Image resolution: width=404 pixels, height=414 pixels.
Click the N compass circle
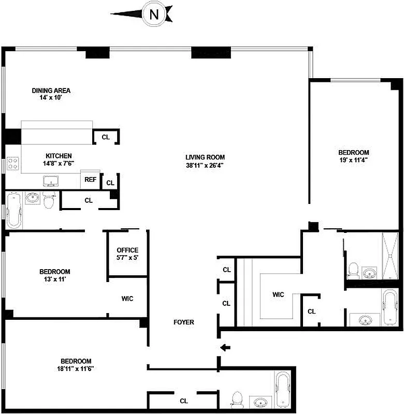pyautogui.click(x=154, y=14)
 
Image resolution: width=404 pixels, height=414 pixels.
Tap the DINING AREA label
pyautogui.click(x=51, y=91)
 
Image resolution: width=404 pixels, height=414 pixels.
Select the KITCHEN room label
pyautogui.click(x=59, y=156)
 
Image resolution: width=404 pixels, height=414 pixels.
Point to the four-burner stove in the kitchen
pyautogui.click(x=12, y=164)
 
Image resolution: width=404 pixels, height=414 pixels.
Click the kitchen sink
pyautogui.click(x=51, y=181)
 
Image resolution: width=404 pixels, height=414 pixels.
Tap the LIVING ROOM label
pyautogui.click(x=205, y=157)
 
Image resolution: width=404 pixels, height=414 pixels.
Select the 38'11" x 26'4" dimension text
pyautogui.click(x=205, y=166)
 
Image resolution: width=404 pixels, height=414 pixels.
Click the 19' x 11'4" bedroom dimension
pyautogui.click(x=353, y=160)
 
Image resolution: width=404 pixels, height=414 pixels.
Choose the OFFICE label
pyautogui.click(x=127, y=250)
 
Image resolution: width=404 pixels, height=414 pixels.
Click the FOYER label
pyautogui.click(x=183, y=322)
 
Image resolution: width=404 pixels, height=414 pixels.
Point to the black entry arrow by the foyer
pyautogui.click(x=225, y=347)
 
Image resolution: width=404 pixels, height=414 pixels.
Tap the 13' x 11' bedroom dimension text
pyautogui.click(x=54, y=279)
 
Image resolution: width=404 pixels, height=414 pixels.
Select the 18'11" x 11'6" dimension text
pyautogui.click(x=76, y=369)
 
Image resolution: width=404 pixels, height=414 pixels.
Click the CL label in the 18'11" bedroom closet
pyautogui.click(x=183, y=401)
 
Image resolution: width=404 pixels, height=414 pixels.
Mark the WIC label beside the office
pyautogui.click(x=127, y=299)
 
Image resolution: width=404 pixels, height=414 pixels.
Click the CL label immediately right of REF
pyautogui.click(x=110, y=183)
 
